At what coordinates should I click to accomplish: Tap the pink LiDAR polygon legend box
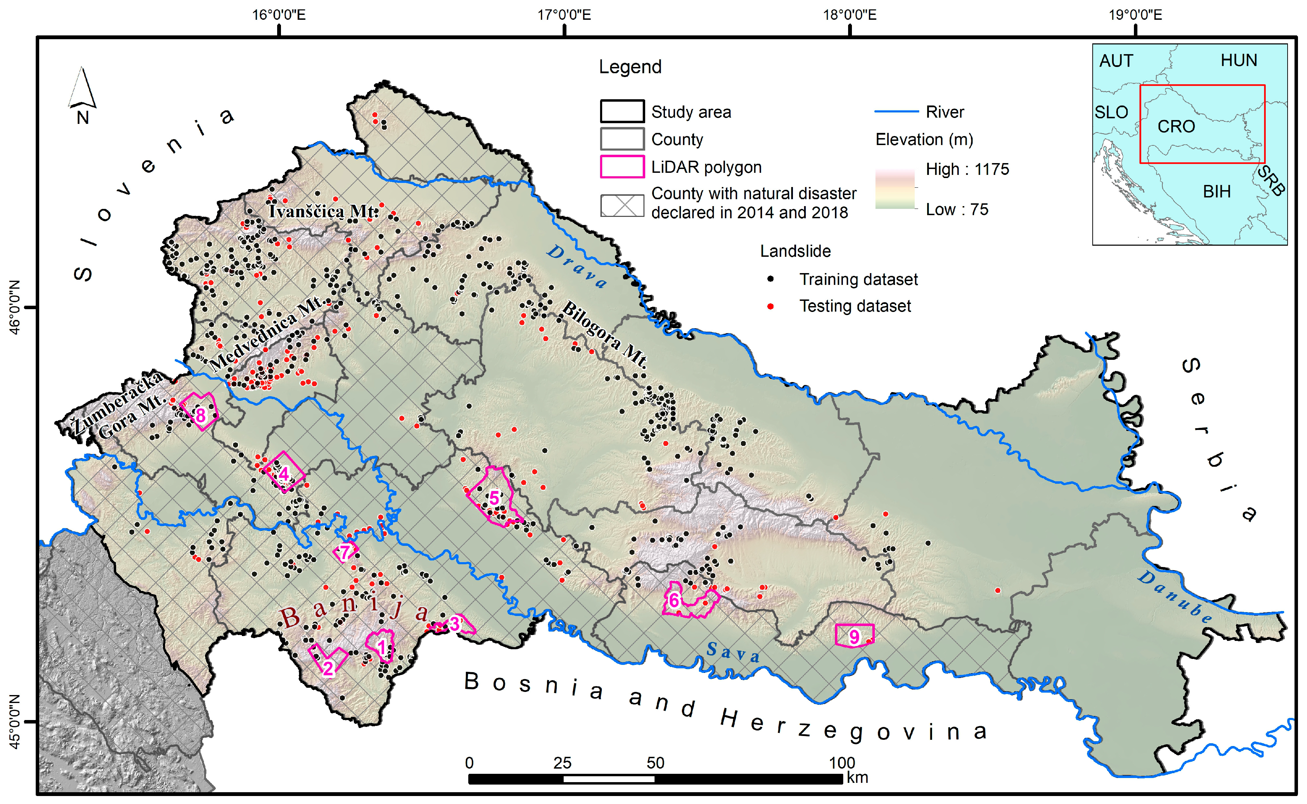(x=622, y=167)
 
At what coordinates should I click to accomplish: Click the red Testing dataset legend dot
(x=770, y=306)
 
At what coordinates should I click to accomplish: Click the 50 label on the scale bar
(x=655, y=763)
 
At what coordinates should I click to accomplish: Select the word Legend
(x=630, y=67)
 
